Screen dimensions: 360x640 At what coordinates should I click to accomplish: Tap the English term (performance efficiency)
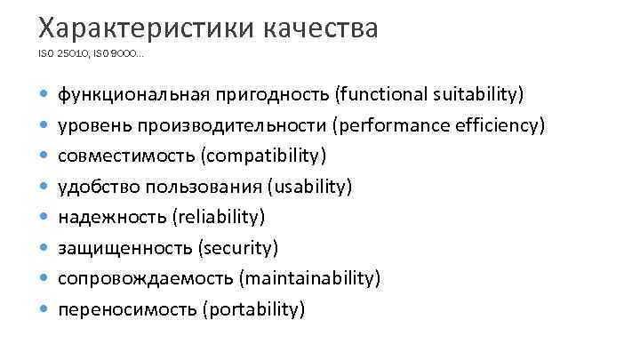coord(438,125)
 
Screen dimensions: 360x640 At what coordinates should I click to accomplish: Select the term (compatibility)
coord(264,156)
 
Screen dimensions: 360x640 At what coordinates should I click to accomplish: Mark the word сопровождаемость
coord(145,279)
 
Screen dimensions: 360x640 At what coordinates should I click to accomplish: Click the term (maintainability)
coord(310,279)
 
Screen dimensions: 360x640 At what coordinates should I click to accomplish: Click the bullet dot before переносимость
coord(44,310)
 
